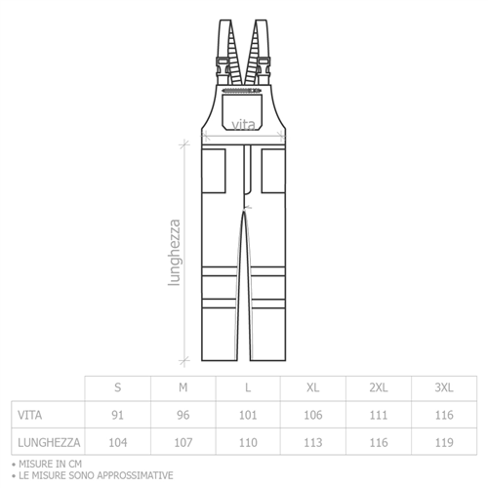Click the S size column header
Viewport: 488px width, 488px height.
click(x=118, y=387)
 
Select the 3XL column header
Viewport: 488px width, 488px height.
click(x=444, y=387)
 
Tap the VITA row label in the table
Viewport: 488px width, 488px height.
click(x=29, y=415)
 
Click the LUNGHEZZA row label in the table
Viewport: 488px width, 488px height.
click(x=49, y=442)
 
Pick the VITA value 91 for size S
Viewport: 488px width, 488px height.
click(x=117, y=415)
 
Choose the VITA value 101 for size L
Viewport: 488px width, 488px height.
click(x=248, y=415)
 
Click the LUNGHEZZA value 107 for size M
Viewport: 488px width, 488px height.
click(x=183, y=442)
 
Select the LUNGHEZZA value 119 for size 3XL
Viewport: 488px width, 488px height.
click(x=444, y=442)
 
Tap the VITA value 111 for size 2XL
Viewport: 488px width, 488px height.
click(x=379, y=415)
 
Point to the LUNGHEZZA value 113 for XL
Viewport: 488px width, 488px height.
click(x=313, y=442)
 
